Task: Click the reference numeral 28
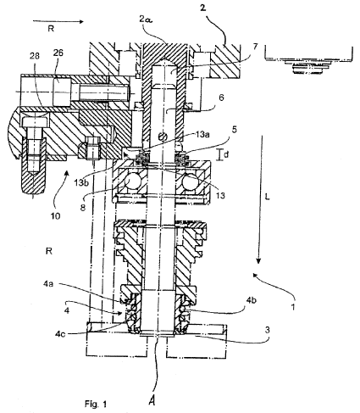point(34,56)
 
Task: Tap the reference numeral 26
point(58,53)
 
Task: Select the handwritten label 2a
point(146,20)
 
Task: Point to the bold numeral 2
point(202,8)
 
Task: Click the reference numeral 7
point(255,47)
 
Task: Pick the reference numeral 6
point(221,98)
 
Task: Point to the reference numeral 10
point(56,216)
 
